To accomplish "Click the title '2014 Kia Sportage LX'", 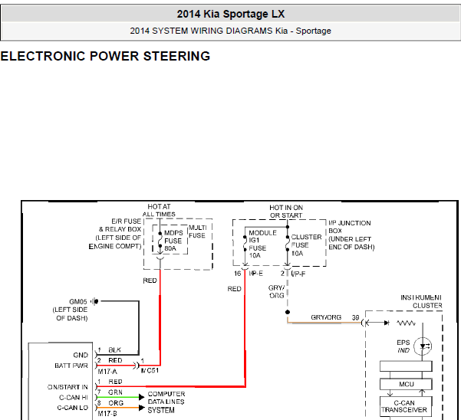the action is [231, 14].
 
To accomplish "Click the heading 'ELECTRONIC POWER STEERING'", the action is [105, 56].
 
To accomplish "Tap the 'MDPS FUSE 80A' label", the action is [173, 241].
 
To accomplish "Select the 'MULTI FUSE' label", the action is [198, 231].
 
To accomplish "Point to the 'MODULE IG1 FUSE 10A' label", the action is [262, 244].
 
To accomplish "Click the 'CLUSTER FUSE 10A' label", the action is [306, 245].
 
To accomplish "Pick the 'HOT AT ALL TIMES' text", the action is [159, 210].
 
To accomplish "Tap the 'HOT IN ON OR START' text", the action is [286, 212].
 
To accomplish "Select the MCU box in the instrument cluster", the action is [406, 384].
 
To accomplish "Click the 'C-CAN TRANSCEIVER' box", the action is [406, 406].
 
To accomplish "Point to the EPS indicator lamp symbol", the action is [423, 346].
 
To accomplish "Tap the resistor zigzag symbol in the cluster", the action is [406, 323].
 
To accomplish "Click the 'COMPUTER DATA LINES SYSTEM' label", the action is [166, 402].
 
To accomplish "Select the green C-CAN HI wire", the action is [118, 397].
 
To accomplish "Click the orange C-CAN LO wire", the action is [118, 408].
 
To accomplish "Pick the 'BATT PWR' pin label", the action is [71, 366].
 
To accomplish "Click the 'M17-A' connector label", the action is [107, 372].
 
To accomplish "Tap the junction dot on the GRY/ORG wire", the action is [288, 312].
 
